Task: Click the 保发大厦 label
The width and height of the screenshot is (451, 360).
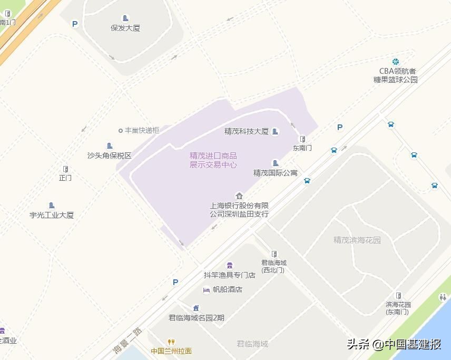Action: point(125,28)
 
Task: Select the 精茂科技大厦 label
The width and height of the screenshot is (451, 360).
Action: point(247,131)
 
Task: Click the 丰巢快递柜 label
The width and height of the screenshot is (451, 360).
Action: point(142,130)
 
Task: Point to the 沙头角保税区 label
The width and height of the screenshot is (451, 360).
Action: point(110,155)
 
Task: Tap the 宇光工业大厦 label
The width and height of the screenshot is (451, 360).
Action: point(52,215)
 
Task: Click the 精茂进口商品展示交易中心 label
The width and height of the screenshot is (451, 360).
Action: point(213,160)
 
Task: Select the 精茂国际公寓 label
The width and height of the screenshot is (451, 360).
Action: point(276,173)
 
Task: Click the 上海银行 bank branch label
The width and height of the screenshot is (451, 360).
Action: point(239,210)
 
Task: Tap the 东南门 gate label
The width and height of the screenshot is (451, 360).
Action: point(302,148)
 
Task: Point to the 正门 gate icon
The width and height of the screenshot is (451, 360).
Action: point(65,169)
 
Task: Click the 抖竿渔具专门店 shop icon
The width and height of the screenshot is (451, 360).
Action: point(229,265)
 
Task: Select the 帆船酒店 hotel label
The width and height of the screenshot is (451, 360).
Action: point(227,289)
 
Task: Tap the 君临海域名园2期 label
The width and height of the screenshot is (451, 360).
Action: point(196,317)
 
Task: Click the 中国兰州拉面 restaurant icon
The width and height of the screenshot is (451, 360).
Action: point(171,342)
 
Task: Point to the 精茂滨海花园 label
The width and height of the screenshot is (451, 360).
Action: point(357,240)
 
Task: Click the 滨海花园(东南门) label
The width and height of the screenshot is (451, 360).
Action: point(398,308)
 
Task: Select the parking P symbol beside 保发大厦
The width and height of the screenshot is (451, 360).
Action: point(75,24)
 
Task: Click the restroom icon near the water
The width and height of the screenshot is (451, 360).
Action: point(442,297)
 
